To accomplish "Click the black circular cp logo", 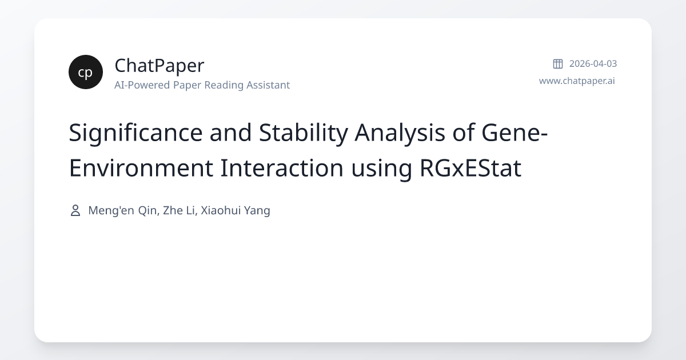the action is tap(86, 72).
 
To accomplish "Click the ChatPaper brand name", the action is tap(159, 66).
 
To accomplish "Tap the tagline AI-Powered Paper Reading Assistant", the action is tap(202, 85).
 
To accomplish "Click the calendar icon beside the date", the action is tap(558, 63).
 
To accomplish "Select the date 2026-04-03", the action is tap(593, 63).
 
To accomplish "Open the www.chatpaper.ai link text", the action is tap(577, 81).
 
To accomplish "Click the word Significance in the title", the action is tap(135, 133).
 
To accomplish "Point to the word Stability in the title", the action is tap(303, 133).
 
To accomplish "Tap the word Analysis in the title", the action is tap(400, 133).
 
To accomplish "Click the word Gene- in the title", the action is tap(514, 133).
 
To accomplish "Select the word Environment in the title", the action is tap(141, 168).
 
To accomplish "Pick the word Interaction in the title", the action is tap(282, 168).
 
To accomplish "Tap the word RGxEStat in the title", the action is tap(470, 168).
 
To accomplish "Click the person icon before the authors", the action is tap(75, 211).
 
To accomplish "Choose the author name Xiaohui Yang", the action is tap(236, 211).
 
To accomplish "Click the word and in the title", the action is tap(230, 133).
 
